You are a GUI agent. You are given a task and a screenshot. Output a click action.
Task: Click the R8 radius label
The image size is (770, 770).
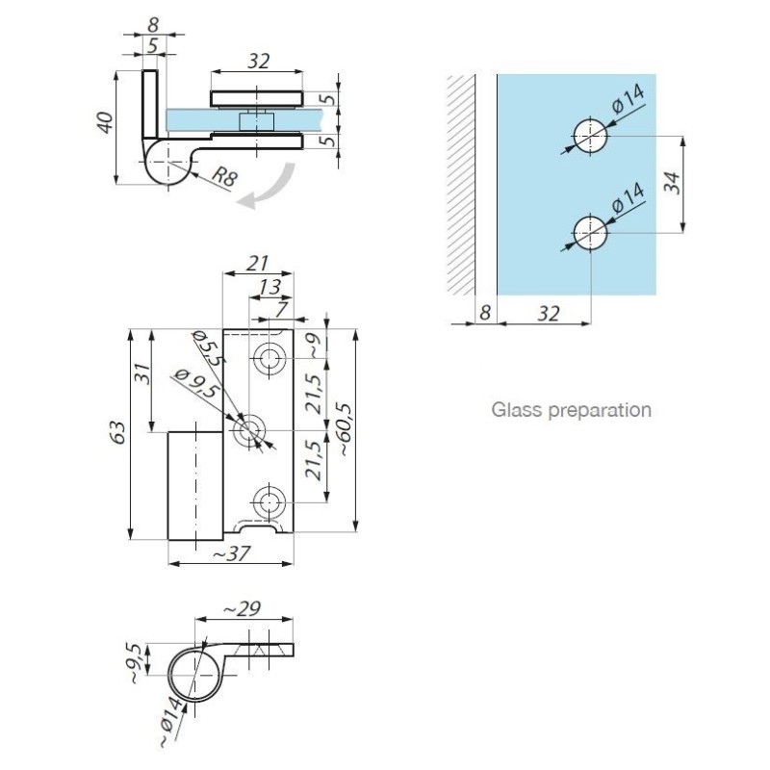point(224,176)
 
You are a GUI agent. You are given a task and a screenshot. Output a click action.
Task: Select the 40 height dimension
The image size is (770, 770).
point(105,123)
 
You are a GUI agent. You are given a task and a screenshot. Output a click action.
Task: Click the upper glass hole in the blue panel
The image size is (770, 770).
point(590,136)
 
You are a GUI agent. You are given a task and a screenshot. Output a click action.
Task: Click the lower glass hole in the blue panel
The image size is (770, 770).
point(590,232)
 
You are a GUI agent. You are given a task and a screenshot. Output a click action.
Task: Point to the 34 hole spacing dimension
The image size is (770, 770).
point(673,183)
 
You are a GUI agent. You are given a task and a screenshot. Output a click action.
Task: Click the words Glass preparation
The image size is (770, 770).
point(571,410)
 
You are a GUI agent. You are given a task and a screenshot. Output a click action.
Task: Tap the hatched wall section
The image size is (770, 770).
point(461,185)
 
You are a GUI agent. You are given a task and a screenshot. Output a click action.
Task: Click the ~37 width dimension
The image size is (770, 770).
point(231,554)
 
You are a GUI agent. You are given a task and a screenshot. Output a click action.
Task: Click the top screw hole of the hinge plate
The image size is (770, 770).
point(269,358)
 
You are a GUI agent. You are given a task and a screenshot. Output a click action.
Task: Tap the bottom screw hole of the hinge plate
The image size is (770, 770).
point(269,502)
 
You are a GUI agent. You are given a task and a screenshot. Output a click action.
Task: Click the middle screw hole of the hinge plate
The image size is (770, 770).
point(249,431)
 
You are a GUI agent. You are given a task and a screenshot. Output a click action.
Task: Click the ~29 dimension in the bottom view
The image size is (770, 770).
point(243,609)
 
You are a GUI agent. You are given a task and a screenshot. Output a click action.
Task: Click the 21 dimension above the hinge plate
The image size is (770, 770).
point(257,264)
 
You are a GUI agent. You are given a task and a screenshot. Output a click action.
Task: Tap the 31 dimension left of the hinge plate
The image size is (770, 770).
point(141,374)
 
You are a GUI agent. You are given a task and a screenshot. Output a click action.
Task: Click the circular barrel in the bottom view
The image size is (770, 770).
point(195,674)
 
